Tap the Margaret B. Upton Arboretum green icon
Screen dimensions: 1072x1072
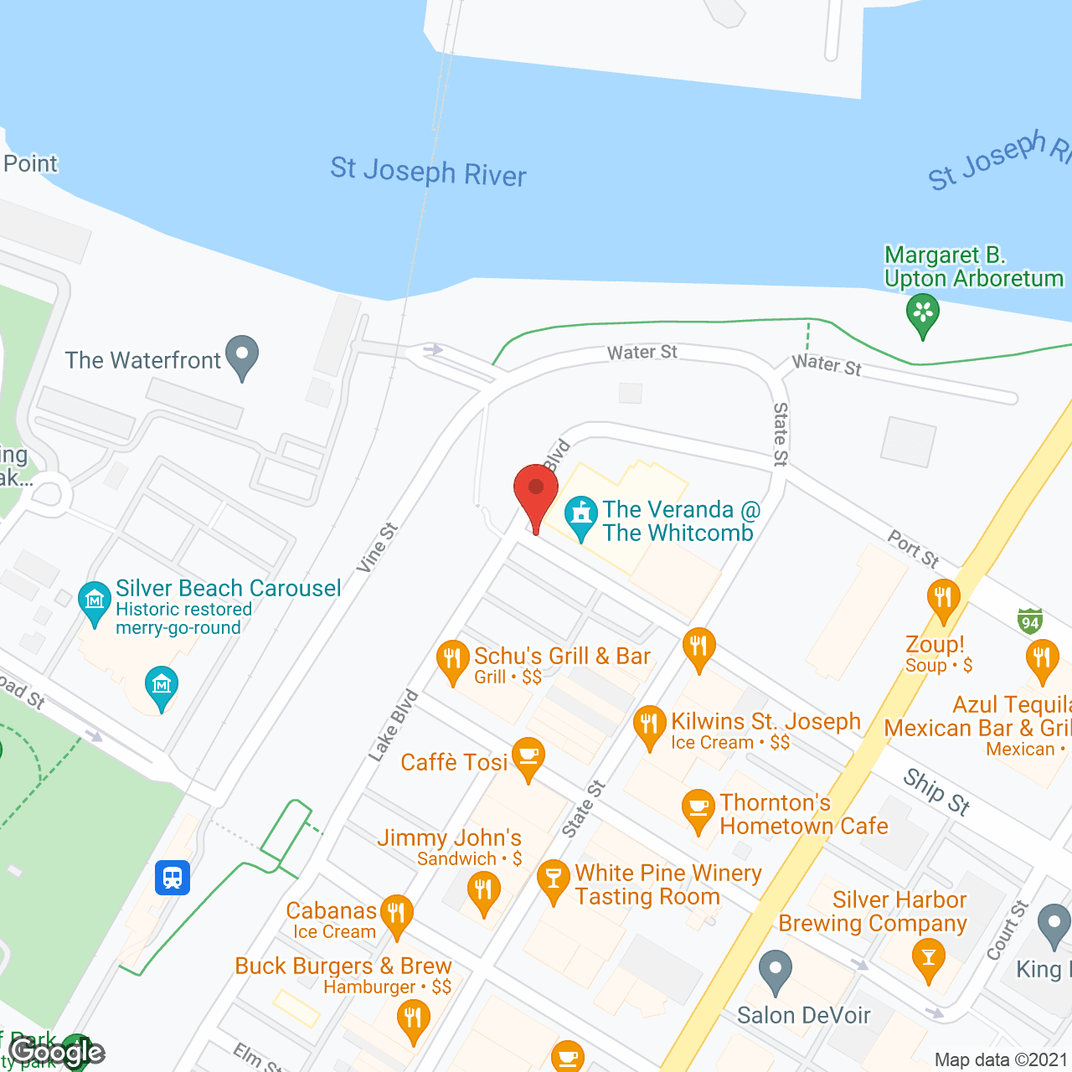click(922, 313)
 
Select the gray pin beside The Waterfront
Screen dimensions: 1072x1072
click(242, 355)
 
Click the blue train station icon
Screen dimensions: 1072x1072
click(173, 878)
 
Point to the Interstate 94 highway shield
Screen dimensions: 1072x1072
click(1030, 621)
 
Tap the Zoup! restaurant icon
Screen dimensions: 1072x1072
click(943, 598)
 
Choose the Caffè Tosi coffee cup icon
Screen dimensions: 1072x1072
click(528, 756)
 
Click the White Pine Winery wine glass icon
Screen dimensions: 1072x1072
click(553, 879)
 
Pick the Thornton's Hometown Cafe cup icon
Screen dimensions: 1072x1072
click(698, 808)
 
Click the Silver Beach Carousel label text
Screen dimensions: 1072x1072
click(228, 588)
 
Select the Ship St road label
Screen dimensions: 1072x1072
click(936, 792)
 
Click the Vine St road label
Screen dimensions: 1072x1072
click(377, 548)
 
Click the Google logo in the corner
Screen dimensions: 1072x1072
click(57, 1052)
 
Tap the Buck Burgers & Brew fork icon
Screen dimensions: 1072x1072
click(413, 1020)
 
